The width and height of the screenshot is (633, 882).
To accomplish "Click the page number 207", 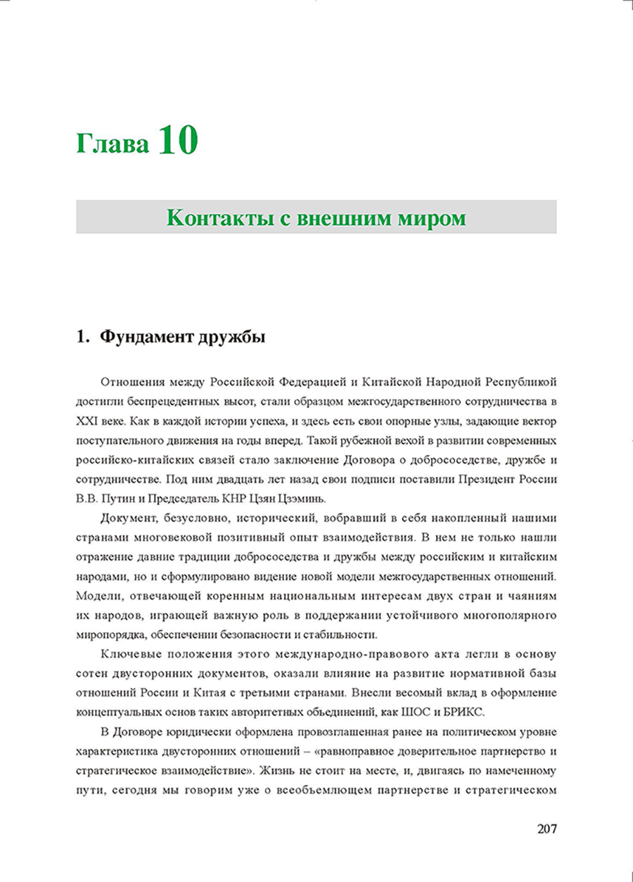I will click(x=546, y=828).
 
